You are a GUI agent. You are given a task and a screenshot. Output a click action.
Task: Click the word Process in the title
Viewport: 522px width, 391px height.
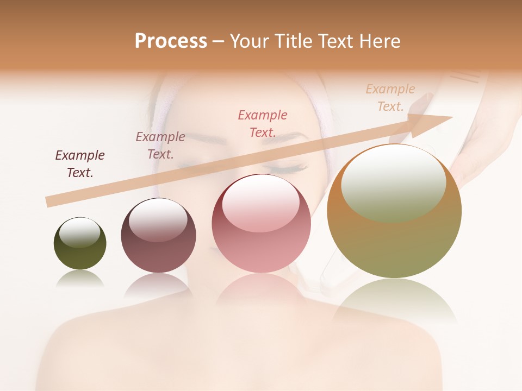click(171, 41)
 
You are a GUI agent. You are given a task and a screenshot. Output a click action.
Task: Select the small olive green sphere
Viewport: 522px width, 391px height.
click(80, 255)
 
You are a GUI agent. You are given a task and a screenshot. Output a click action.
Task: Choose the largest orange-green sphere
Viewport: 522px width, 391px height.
click(394, 244)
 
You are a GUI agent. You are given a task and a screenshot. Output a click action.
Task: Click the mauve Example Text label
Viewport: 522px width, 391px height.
click(160, 146)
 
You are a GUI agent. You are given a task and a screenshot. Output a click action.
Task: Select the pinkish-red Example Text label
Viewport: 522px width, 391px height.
click(263, 123)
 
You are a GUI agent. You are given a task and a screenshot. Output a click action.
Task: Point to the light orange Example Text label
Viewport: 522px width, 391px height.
click(390, 97)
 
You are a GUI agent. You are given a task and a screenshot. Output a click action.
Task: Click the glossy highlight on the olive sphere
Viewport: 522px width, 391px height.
click(80, 232)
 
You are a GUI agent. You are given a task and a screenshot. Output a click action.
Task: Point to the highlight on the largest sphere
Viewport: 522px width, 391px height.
click(393, 184)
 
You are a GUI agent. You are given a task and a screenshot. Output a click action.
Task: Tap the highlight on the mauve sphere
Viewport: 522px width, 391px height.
click(158, 218)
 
